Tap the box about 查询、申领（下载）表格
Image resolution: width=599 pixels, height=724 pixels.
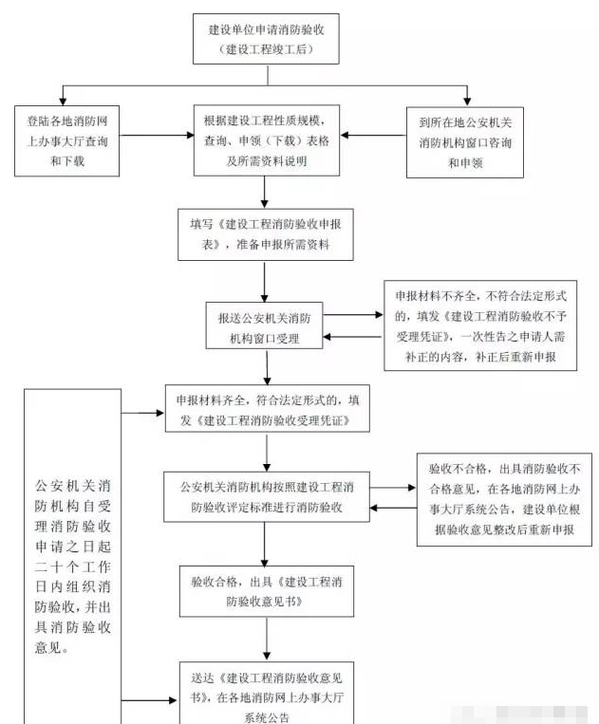point(265,140)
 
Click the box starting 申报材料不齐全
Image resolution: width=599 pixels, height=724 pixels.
point(480,324)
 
